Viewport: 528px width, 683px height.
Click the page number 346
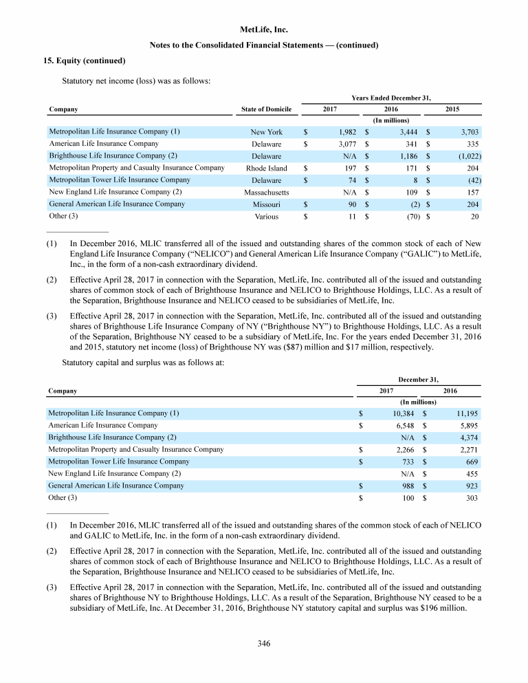[x=264, y=644]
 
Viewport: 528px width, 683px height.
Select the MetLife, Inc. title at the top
[x=264, y=30]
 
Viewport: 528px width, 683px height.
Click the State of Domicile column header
[x=267, y=109]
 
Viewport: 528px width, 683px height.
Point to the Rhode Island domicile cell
[x=267, y=168]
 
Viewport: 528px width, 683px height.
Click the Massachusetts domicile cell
[x=267, y=192]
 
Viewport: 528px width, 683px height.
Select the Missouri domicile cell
[x=267, y=204]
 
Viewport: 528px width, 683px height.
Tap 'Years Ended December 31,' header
[x=390, y=97]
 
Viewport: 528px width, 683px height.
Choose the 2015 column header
[x=452, y=109]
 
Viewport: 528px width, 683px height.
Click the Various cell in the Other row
[x=267, y=216]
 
